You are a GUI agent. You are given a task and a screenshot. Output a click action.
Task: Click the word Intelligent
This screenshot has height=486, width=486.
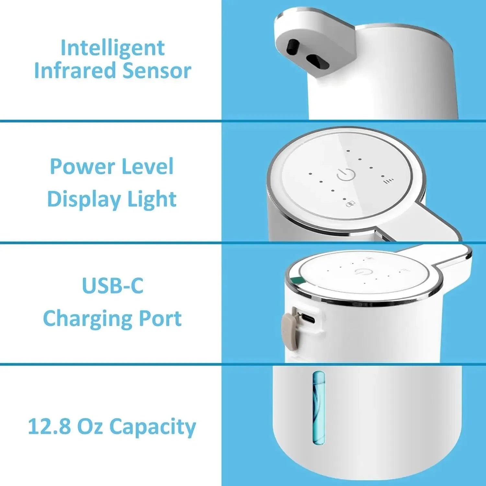[112, 48]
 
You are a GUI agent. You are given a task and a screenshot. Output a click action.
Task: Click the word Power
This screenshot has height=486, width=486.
[82, 167]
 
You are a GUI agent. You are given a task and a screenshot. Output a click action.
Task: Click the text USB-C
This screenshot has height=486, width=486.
[112, 286]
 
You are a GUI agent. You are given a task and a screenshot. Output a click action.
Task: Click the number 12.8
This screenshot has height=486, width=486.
[49, 426]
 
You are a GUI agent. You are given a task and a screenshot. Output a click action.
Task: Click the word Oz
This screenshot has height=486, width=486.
[90, 426]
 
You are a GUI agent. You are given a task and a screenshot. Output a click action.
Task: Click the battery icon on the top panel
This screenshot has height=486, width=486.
[351, 204]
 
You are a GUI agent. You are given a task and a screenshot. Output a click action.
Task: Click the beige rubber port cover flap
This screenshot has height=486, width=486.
[289, 332]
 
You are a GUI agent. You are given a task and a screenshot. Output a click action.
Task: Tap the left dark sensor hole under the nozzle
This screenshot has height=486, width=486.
[294, 48]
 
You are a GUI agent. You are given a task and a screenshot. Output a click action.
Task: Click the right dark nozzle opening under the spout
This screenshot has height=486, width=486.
[318, 62]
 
